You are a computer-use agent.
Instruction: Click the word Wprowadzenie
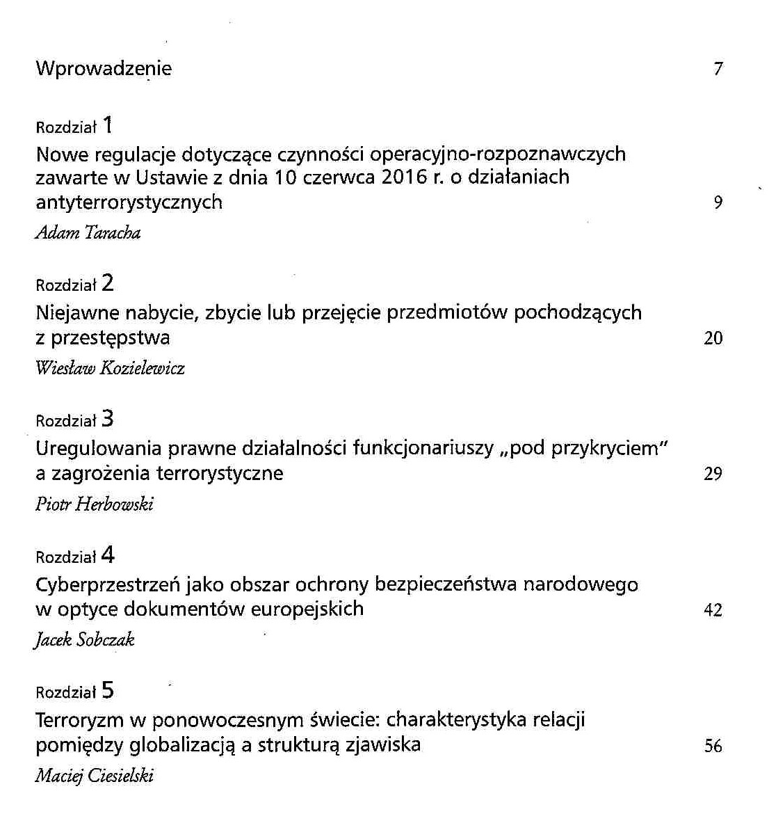[x=104, y=69]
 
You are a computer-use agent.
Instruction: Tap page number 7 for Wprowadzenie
[x=718, y=69]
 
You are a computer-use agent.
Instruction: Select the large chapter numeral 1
[x=108, y=126]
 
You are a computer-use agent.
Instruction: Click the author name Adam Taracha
[x=88, y=233]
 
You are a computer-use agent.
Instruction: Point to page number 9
[x=718, y=203]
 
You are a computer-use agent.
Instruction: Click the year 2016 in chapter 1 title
[x=404, y=177]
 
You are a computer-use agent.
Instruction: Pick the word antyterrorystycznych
[x=129, y=202]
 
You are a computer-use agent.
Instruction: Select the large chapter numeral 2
[x=108, y=284]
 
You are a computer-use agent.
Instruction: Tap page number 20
[x=713, y=339]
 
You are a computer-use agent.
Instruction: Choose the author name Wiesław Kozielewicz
[x=110, y=368]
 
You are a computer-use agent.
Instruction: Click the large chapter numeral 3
[x=108, y=420]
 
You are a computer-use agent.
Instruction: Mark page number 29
[x=713, y=474]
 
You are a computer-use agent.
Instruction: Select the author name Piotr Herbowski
[x=95, y=504]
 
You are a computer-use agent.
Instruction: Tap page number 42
[x=713, y=610]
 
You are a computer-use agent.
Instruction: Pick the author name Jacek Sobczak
[x=84, y=640]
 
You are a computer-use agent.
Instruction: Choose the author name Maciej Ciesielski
[x=95, y=776]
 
